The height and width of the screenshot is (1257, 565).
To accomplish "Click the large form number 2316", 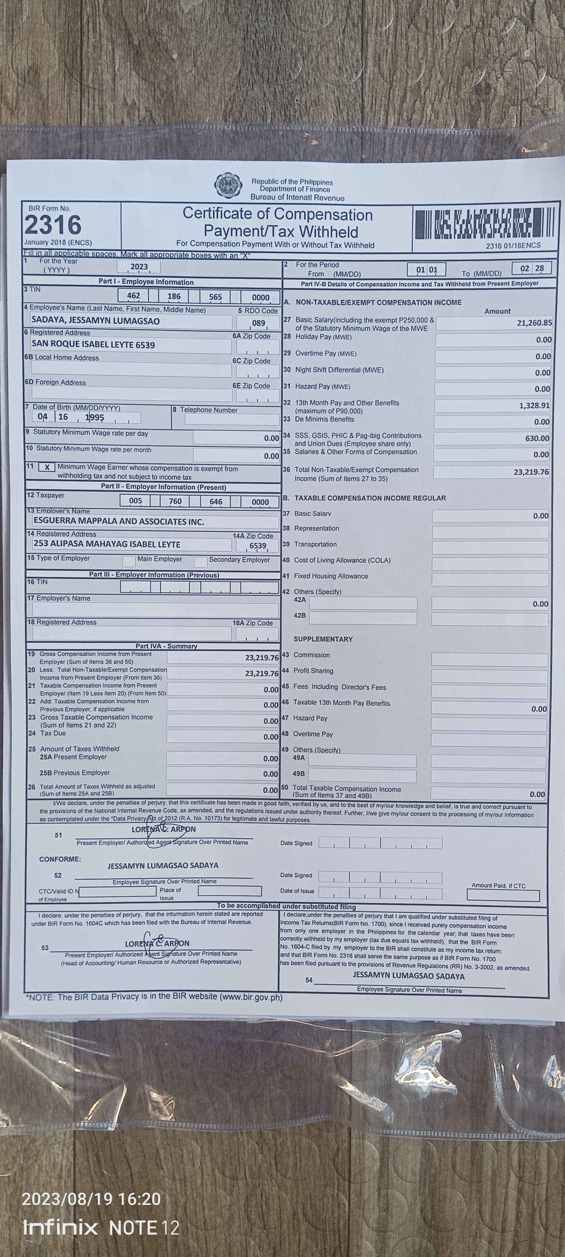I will [53, 226].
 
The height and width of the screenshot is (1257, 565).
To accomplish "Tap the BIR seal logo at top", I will [228, 185].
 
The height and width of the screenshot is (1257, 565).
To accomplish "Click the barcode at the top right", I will [485, 224].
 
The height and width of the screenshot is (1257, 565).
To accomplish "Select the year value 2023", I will [139, 266].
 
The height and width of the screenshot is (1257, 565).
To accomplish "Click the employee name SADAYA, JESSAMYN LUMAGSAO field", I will [95, 321].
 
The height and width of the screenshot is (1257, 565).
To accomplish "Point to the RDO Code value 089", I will [258, 323].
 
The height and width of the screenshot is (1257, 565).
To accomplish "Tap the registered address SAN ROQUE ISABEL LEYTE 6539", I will [93, 344].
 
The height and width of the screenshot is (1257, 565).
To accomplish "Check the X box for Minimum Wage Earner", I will [47, 467].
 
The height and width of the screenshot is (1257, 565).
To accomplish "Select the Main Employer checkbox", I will [129, 561].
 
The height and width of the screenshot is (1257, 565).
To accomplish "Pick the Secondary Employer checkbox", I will [200, 562].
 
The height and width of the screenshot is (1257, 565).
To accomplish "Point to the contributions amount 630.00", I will [537, 438].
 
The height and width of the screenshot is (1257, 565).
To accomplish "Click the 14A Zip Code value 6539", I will [258, 546].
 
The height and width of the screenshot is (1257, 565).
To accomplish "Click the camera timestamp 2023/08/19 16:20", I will [91, 1199].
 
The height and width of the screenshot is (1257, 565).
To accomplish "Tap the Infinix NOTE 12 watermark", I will [101, 1228].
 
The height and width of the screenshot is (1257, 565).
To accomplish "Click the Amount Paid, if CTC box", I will [503, 895].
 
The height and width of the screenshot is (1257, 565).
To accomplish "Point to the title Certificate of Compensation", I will [277, 214].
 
